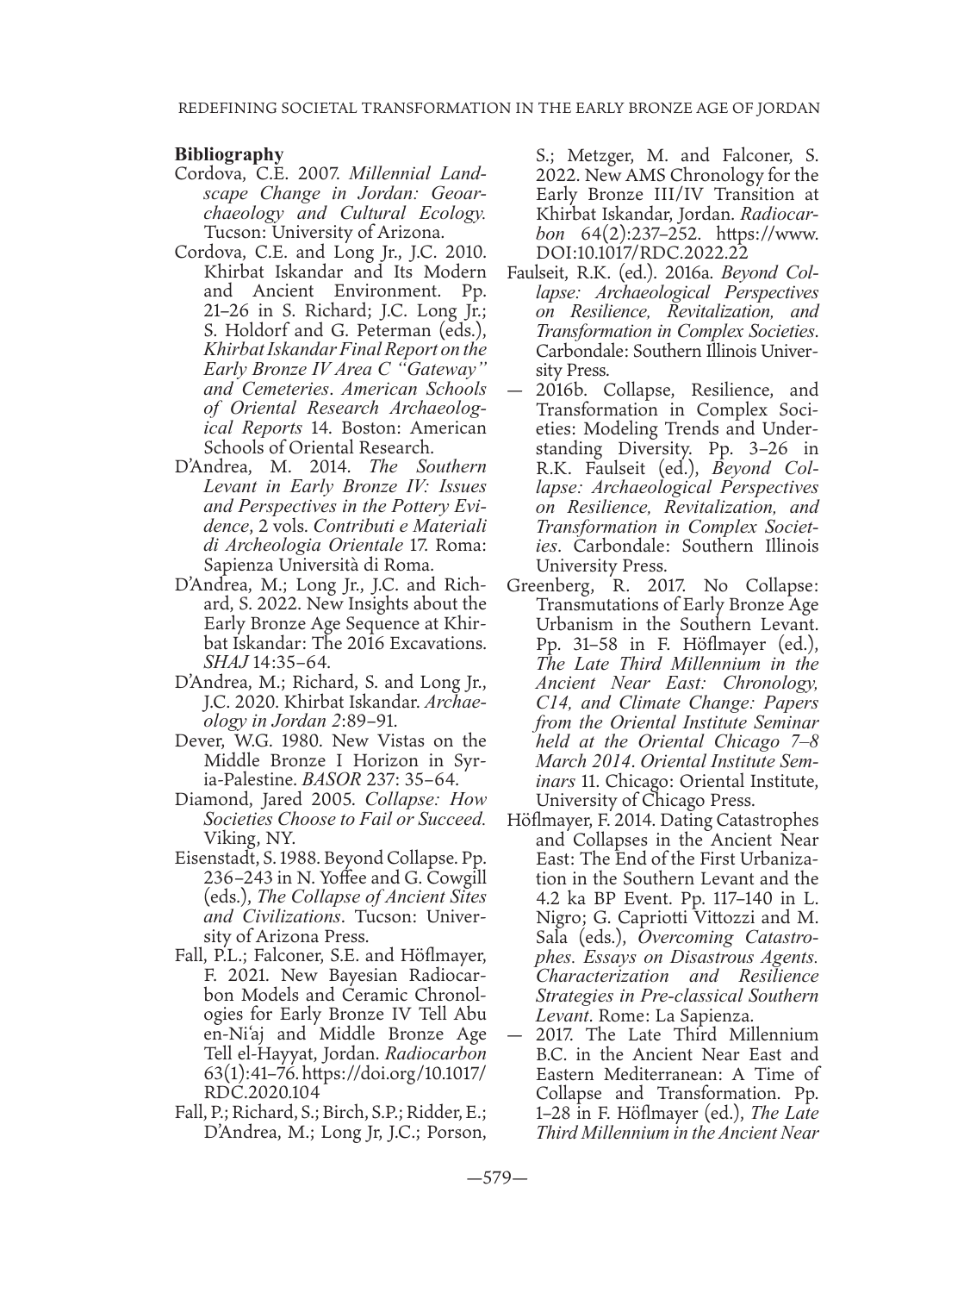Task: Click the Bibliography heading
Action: (228, 155)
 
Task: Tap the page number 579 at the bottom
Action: (485, 1178)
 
